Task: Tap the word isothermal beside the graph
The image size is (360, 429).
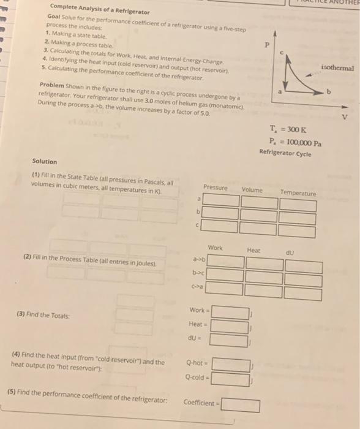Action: [337, 68]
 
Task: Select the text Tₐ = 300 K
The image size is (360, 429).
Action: [284, 129]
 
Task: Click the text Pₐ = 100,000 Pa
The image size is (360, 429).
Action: [292, 142]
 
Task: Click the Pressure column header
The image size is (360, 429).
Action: [215, 188]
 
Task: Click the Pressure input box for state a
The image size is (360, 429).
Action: [221, 200]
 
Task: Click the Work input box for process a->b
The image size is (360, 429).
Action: [227, 262]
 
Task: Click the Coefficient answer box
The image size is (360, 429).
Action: [241, 405]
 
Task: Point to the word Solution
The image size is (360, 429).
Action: [45, 162]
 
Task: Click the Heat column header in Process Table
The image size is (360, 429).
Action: [253, 250]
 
